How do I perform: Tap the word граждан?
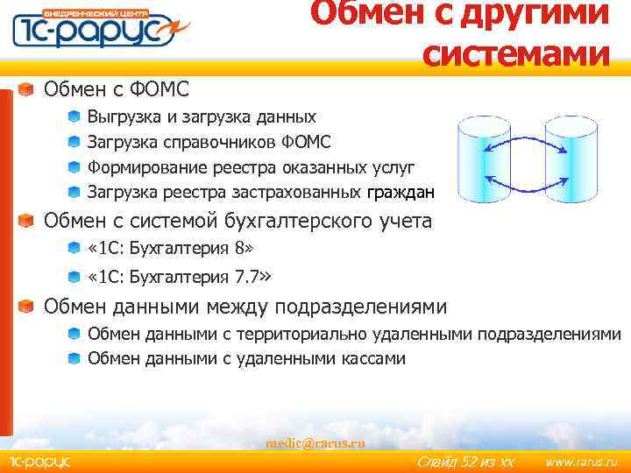pos(401,193)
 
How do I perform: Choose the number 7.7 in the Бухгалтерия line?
pos(247,278)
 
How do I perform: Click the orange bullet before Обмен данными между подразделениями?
pos(28,307)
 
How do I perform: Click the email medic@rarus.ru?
pos(315,443)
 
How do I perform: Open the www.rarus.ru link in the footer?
pos(581,462)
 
